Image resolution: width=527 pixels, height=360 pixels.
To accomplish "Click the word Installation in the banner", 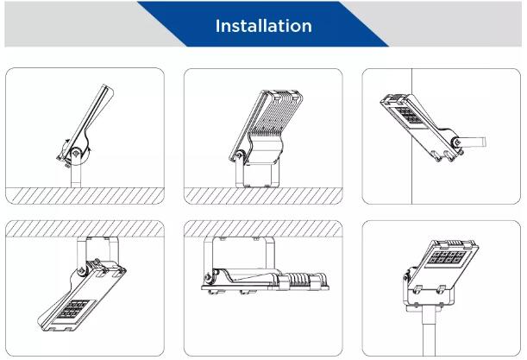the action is (x=264, y=26).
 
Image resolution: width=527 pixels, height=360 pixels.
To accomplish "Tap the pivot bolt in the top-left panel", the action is (x=76, y=153).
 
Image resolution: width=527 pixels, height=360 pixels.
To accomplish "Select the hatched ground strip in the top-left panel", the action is (x=85, y=195).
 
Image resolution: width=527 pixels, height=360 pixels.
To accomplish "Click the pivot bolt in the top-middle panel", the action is (x=239, y=155).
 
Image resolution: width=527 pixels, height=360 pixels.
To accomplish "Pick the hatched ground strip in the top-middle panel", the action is (x=263, y=195).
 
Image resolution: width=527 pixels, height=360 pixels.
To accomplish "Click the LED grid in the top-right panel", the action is (x=409, y=116).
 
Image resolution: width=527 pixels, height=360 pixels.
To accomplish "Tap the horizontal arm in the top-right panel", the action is (x=474, y=142).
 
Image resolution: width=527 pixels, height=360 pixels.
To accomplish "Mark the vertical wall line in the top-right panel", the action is (x=412, y=136).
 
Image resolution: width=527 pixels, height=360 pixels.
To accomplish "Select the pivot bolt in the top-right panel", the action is (x=456, y=142).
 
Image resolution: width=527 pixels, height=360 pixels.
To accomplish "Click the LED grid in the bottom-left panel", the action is (x=72, y=309).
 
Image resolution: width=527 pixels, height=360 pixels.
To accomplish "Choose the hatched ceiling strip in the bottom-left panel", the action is (x=85, y=229).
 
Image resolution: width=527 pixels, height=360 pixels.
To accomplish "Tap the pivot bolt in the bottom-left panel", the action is (x=81, y=270).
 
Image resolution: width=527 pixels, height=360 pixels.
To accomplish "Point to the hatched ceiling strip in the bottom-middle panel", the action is (x=263, y=229).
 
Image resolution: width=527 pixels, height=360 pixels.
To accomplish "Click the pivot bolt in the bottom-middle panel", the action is (x=207, y=277).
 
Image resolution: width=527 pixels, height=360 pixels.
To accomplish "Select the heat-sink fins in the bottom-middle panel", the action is (x=298, y=280).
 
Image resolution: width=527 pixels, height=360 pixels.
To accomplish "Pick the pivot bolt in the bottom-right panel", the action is (x=405, y=277).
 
